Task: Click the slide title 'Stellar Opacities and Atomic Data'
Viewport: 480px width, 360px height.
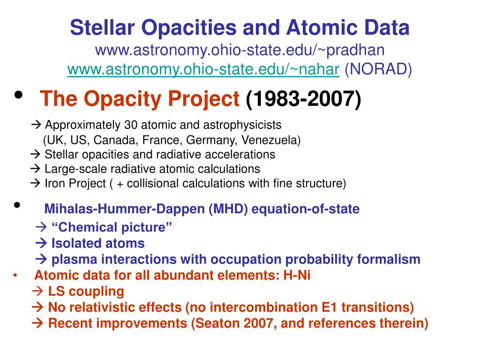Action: pos(240,28)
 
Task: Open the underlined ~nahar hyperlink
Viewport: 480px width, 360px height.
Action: pos(203,69)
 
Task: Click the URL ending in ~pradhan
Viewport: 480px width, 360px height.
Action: pos(240,49)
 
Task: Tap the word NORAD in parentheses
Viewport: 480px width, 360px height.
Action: pos(378,69)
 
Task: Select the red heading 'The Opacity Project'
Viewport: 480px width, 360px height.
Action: pos(140,99)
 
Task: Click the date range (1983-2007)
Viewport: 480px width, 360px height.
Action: pos(303,99)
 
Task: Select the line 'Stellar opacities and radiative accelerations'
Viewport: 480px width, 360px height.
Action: pos(159,154)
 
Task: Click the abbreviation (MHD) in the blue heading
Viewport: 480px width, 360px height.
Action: pos(229,209)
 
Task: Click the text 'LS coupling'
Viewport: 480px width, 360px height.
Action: pos(86,291)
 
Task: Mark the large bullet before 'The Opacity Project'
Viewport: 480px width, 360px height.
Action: pos(19,96)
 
